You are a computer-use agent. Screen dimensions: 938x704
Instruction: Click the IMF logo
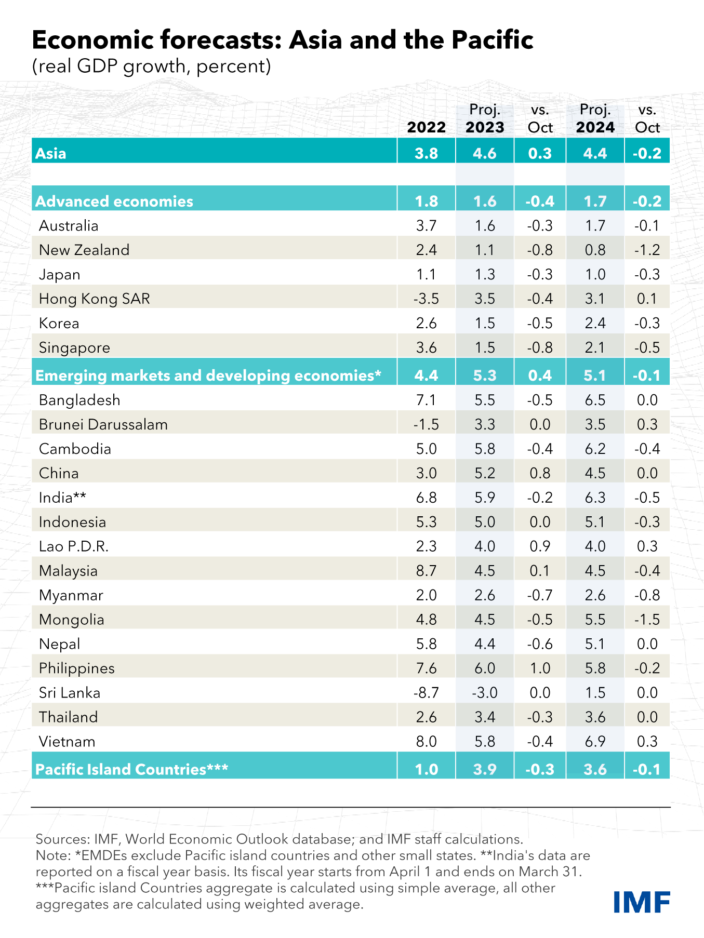click(641, 902)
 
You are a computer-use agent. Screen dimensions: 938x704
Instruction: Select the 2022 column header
click(426, 127)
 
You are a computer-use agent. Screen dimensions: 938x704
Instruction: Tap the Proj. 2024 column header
click(595, 119)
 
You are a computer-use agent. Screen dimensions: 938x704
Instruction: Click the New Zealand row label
click(84, 250)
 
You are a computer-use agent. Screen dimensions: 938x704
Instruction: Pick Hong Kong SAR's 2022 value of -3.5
click(426, 299)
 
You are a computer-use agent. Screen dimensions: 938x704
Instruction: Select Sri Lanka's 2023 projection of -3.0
click(484, 692)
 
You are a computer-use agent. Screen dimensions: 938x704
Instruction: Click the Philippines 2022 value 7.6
click(426, 668)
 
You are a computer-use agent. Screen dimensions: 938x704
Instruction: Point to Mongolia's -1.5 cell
click(647, 619)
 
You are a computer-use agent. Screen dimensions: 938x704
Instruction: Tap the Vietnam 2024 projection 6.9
click(595, 741)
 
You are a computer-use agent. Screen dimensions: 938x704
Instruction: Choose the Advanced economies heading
click(114, 201)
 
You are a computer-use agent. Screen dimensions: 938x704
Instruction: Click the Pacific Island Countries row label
click(131, 769)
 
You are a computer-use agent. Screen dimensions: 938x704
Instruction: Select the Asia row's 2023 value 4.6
click(484, 153)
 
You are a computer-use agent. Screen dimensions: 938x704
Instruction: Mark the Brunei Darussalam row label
click(103, 424)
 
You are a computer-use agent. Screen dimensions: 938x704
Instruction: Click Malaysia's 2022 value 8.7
click(426, 570)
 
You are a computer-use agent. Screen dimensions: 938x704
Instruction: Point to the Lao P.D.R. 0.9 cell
click(540, 546)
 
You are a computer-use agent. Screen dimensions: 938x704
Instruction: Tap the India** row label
click(62, 498)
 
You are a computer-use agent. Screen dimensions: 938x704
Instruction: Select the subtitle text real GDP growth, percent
click(151, 66)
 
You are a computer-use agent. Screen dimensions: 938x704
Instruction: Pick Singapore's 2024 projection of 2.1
click(595, 347)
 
